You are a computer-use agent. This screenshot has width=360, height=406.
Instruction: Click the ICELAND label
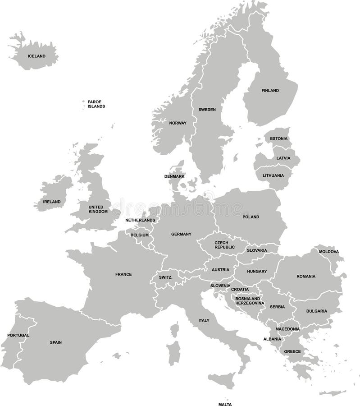pyautogui.click(x=36, y=56)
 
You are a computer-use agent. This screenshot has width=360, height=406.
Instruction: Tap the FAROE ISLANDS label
pyautogui.click(x=96, y=104)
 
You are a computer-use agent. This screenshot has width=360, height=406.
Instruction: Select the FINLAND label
pyautogui.click(x=270, y=91)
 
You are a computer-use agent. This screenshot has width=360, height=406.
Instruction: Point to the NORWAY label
pyautogui.click(x=178, y=123)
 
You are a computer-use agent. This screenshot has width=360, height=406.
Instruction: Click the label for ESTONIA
pyautogui.click(x=278, y=138)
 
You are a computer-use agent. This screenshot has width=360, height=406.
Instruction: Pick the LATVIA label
pyautogui.click(x=283, y=158)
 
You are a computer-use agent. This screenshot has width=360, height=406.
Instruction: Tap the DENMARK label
pyautogui.click(x=174, y=176)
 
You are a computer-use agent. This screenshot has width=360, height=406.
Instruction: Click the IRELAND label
pyautogui.click(x=52, y=202)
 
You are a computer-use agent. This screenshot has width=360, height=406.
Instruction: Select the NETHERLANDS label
pyautogui.click(x=140, y=220)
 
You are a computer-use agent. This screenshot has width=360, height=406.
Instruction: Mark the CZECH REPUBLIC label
pyautogui.click(x=224, y=245)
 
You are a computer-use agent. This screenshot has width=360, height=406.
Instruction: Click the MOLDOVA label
pyautogui.click(x=329, y=252)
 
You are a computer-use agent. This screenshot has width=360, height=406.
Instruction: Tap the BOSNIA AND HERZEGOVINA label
pyautogui.click(x=248, y=301)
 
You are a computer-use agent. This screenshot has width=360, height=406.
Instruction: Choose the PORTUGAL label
pyautogui.click(x=18, y=335)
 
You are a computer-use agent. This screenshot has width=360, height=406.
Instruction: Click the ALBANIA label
pyautogui.click(x=272, y=339)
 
